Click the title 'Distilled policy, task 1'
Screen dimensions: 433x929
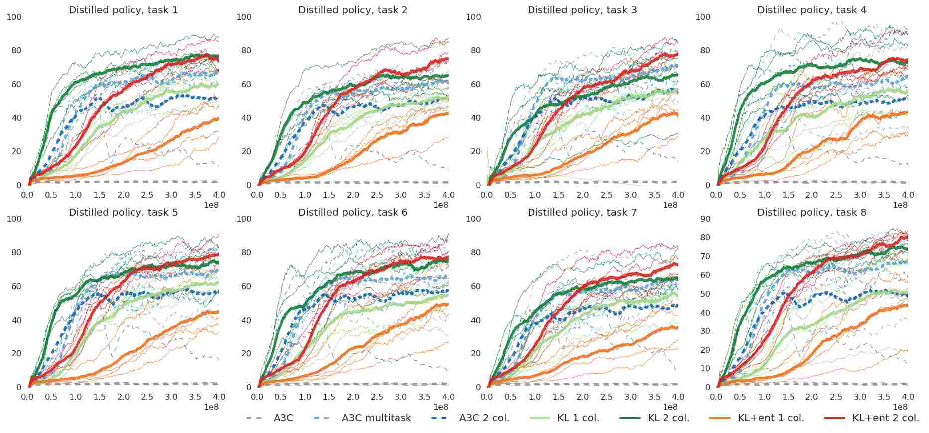(123, 10)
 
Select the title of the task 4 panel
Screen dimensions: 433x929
(811, 10)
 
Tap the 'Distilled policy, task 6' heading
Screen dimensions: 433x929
(353, 212)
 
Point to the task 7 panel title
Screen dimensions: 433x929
(582, 212)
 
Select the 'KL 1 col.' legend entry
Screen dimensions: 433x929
(578, 418)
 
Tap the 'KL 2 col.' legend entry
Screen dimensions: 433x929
(668, 418)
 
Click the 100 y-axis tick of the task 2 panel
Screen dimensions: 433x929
(244, 17)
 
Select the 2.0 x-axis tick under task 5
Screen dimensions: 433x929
(123, 397)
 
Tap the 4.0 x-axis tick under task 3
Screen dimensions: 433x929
(678, 195)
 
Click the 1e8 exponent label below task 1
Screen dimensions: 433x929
(211, 205)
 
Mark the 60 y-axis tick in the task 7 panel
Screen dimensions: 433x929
(476, 286)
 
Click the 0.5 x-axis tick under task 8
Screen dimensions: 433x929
(740, 397)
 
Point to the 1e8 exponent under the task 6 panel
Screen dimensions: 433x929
(441, 407)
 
